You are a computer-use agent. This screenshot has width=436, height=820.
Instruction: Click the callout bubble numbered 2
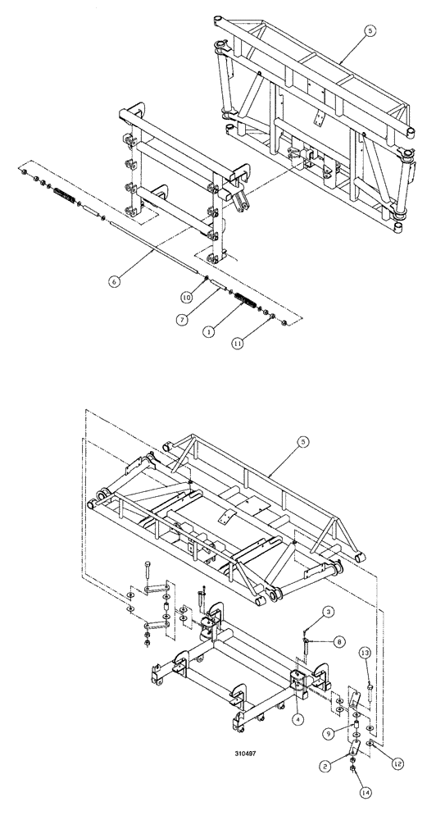click(x=326, y=767)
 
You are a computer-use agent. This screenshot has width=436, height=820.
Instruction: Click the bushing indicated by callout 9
click(x=357, y=727)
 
